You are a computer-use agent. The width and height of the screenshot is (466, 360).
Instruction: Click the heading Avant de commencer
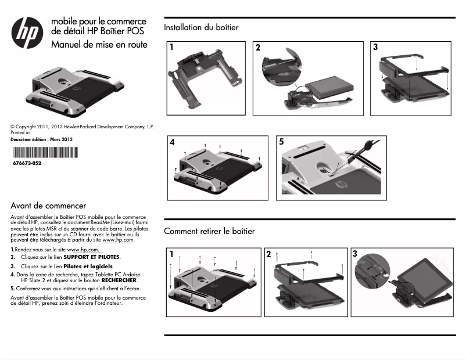pyautogui.click(x=48, y=206)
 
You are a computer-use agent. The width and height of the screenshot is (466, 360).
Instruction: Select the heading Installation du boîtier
pyautogui.click(x=201, y=27)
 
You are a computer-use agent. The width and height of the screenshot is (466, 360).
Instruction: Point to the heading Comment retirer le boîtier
pyautogui.click(x=209, y=231)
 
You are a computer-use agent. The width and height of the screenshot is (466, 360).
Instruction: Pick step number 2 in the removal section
pyautogui.click(x=268, y=254)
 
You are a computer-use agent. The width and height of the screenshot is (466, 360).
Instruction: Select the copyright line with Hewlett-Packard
pyautogui.click(x=81, y=126)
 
